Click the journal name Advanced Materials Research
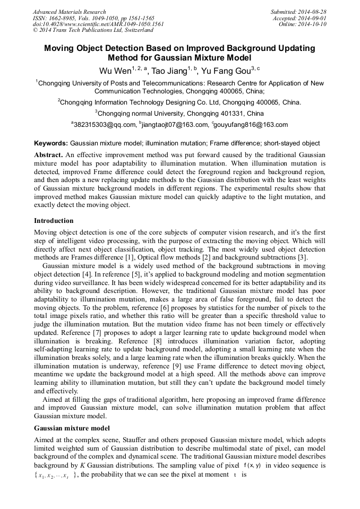coord(69,12)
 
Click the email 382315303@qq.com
coord(105,125)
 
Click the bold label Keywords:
coord(51,143)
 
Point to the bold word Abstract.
coord(48,154)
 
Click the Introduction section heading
coord(54,220)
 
